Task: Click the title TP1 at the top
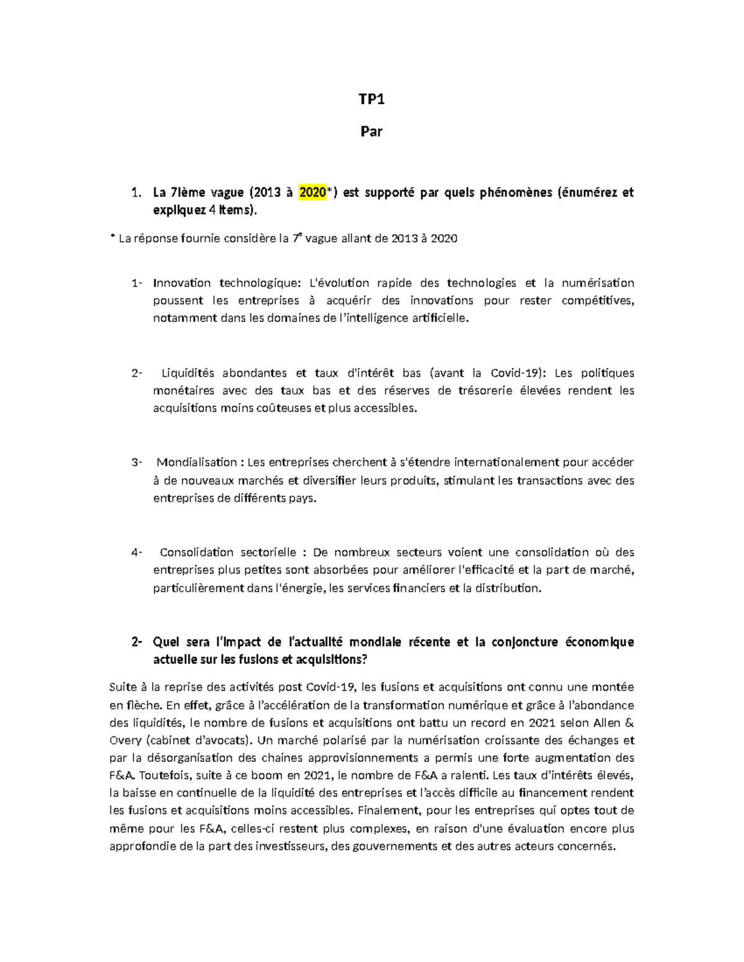[x=371, y=100]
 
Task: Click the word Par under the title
[x=371, y=131]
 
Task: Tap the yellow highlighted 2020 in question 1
[x=312, y=193]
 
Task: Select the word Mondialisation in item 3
[x=197, y=462]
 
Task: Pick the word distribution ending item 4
[x=507, y=588]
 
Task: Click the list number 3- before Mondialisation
[x=136, y=462]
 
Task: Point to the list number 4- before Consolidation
[x=136, y=552]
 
